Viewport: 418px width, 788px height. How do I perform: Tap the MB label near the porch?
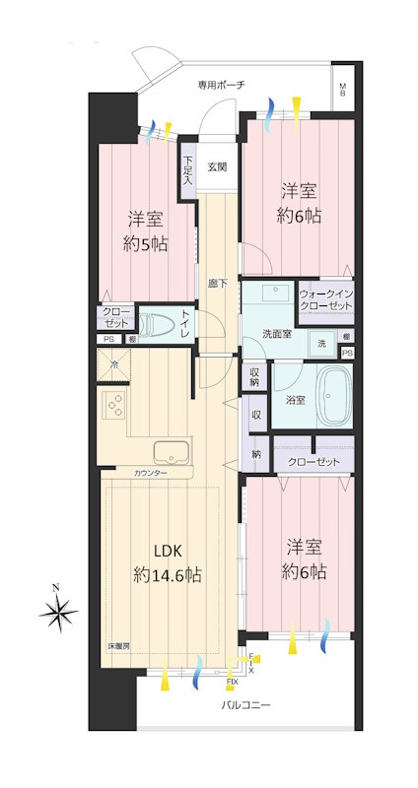coord(343,91)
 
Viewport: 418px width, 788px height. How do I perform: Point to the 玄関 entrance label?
coord(217,166)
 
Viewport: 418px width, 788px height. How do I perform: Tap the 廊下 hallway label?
coord(218,284)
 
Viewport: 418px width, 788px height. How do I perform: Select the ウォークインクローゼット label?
coord(324,299)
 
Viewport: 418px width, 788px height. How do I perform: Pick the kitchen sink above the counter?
coord(172,453)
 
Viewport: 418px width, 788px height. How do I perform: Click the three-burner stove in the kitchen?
coord(115,406)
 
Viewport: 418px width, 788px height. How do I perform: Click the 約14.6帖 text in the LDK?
coord(168,574)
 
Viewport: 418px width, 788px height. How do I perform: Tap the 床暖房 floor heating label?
coord(119,647)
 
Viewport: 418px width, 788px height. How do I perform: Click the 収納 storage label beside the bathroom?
coord(254,377)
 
